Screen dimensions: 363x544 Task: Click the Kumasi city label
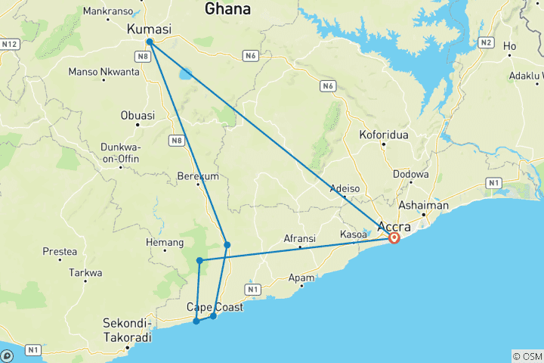click(149, 29)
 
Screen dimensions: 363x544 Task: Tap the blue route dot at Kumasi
click(150, 42)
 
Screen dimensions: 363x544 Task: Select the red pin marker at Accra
click(394, 237)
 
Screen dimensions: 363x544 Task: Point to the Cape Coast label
click(215, 307)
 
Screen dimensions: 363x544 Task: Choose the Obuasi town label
click(138, 116)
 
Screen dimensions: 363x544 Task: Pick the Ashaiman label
click(425, 205)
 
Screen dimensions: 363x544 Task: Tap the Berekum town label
click(196, 175)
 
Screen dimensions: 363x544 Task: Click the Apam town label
click(301, 278)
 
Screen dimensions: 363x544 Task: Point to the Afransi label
click(300, 238)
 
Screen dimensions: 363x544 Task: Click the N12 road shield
click(9, 45)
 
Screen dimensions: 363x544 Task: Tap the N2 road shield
click(485, 42)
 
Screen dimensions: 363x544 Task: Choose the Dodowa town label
click(411, 174)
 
